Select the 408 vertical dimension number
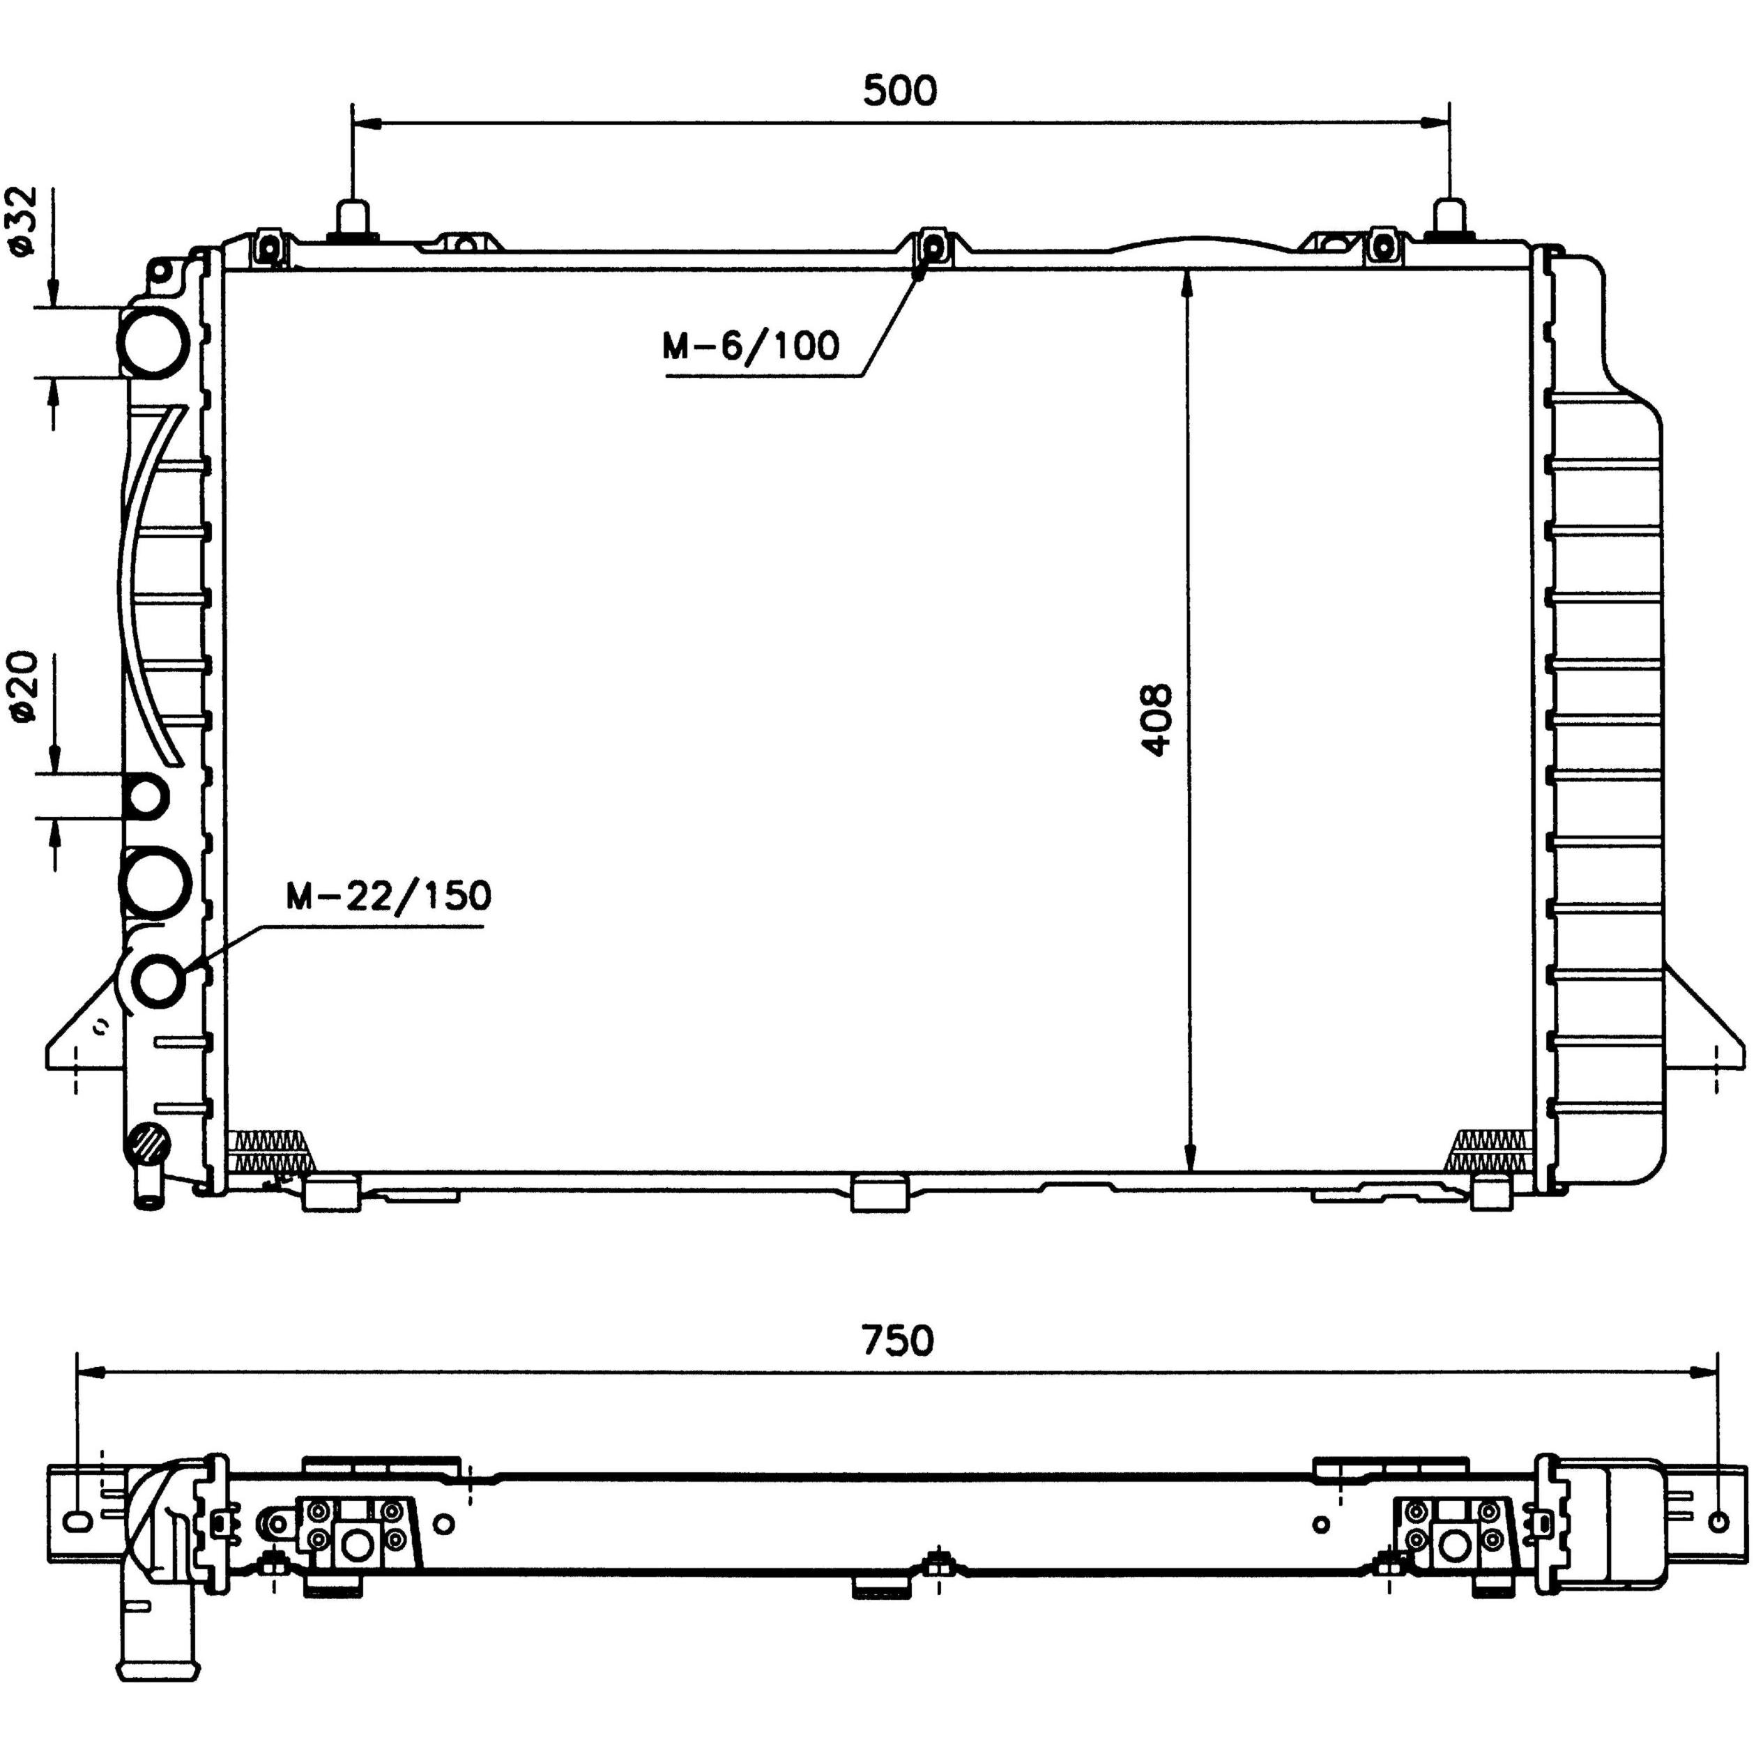(x=1157, y=721)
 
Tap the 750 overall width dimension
(x=897, y=1341)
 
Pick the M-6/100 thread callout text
(x=751, y=346)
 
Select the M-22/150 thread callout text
(x=388, y=896)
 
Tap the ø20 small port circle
(x=146, y=797)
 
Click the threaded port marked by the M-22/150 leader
(x=159, y=981)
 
